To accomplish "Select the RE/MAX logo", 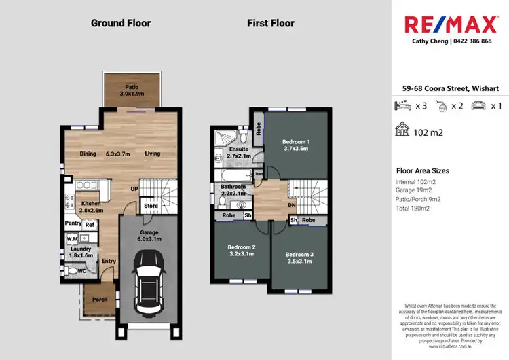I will coord(449,25).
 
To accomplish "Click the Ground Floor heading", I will coord(121,23).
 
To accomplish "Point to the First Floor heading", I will coord(271,23).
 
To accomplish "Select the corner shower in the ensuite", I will coord(222,137).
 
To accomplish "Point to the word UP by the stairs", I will coord(135,190).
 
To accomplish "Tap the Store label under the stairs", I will coord(151,206).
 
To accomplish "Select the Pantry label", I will coord(73,223).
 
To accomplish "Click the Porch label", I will coord(100,299).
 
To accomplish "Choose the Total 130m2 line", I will coord(413,209).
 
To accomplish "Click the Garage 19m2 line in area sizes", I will coord(414,191).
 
